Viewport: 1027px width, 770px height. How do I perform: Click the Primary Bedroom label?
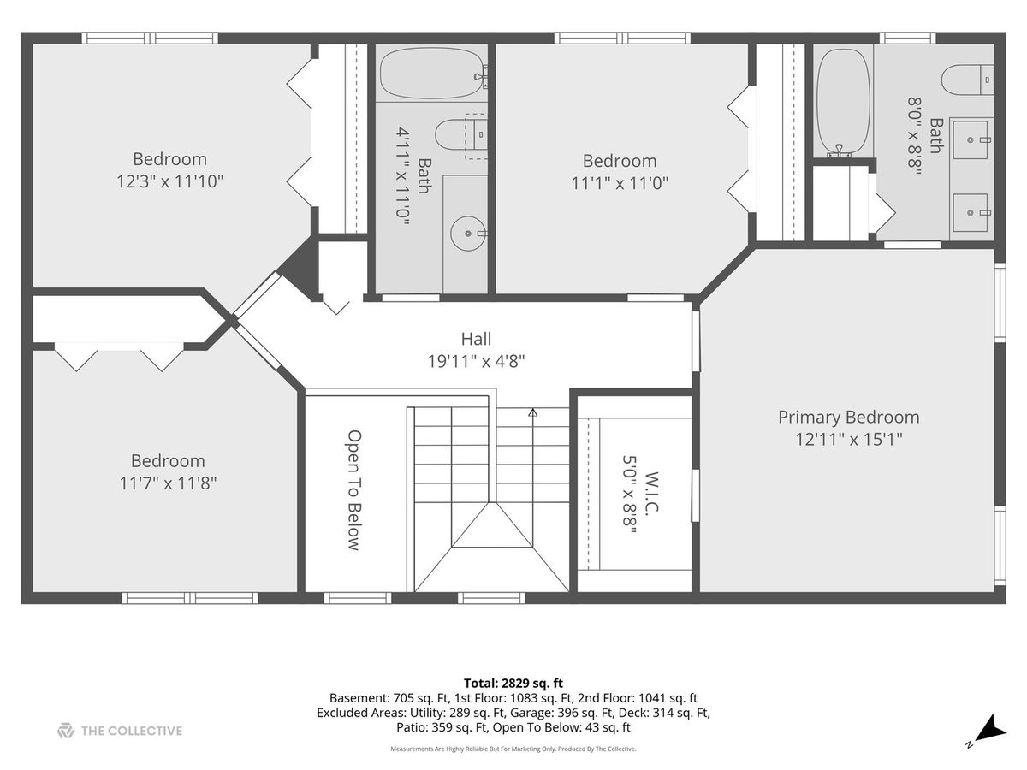click(x=848, y=417)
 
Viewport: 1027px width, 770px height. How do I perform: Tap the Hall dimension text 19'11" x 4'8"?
click(x=477, y=361)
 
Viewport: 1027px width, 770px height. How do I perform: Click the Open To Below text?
click(x=354, y=490)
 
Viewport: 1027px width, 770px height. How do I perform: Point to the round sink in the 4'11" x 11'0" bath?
click(x=468, y=233)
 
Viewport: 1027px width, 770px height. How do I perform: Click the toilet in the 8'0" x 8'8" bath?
click(x=967, y=80)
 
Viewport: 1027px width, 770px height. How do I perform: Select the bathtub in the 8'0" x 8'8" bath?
click(x=843, y=101)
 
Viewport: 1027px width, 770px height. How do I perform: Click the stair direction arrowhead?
click(x=533, y=412)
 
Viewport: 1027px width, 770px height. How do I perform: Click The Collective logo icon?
click(x=66, y=731)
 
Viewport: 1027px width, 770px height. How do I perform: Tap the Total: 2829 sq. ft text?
click(x=513, y=684)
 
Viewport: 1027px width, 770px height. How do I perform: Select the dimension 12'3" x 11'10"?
click(x=169, y=181)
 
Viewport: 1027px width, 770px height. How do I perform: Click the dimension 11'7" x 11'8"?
click(x=168, y=483)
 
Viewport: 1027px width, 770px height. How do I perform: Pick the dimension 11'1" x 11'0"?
click(x=620, y=183)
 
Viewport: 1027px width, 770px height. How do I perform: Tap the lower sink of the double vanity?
click(x=971, y=213)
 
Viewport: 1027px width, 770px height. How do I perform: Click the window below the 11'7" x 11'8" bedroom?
click(x=190, y=598)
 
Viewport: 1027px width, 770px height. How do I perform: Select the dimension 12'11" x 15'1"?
click(x=849, y=440)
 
